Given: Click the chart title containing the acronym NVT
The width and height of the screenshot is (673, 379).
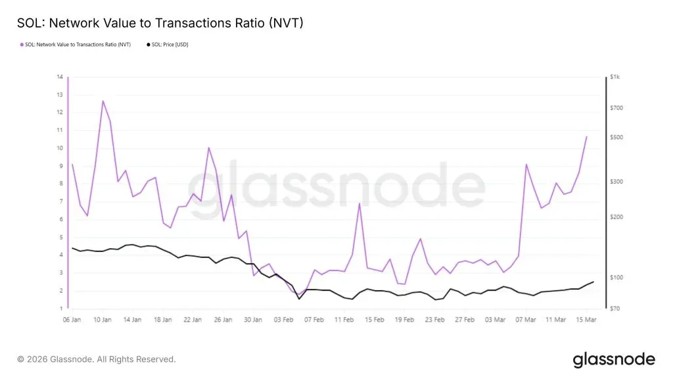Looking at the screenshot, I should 160,23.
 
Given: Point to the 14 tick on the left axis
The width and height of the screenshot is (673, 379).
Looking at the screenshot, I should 60,77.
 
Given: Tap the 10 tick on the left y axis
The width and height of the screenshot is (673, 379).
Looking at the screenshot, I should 60,148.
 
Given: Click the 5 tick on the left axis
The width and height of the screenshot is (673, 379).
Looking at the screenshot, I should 60,237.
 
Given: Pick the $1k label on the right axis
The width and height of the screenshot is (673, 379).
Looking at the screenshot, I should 615,77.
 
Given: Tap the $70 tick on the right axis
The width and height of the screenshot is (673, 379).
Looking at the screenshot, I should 615,308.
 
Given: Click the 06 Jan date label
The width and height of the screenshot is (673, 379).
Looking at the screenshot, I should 72,320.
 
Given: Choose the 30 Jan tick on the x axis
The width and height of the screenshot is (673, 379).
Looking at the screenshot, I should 253,320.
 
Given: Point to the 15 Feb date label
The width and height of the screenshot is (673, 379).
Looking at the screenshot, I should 374,320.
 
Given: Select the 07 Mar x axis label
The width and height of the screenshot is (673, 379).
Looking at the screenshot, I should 526,320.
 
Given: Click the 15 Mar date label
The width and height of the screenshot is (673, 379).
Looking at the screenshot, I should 586,320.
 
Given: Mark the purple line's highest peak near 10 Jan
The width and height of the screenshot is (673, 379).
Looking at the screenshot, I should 103,101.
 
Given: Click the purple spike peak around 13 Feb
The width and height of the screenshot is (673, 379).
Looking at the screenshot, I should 360,203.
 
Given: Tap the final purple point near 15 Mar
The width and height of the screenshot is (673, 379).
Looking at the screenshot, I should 586,136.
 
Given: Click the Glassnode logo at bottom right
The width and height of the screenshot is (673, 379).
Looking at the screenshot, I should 614,359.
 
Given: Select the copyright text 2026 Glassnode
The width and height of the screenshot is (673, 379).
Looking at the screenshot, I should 97,359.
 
